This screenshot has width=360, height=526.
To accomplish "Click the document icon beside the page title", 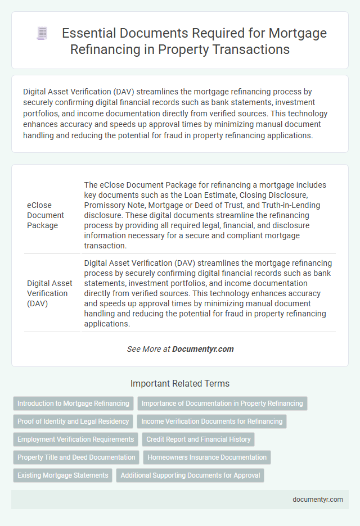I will tap(42, 34).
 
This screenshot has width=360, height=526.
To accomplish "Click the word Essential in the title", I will tap(85, 34).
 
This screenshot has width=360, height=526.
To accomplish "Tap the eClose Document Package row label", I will tap(46, 215).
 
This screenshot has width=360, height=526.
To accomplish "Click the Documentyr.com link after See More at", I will tap(202, 349).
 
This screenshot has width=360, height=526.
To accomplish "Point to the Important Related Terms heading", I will tap(180, 384).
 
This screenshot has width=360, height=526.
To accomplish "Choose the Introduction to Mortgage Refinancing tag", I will tap(73, 403).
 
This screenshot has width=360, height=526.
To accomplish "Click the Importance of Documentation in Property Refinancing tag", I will tap(222, 403).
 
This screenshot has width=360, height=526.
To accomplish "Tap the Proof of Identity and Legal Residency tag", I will tap(73, 421).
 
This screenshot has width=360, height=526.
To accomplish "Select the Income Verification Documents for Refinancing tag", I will tap(211, 421).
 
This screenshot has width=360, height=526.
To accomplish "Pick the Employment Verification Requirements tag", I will tap(75, 439).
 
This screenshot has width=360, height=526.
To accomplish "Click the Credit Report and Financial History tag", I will tap(198, 439).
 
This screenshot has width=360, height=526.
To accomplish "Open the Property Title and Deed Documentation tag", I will tap(76, 457).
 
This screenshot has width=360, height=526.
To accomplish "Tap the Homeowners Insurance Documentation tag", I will tap(207, 457).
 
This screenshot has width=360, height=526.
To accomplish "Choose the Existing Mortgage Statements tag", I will tap(62, 475).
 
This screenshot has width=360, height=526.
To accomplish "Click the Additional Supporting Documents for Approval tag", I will tap(190, 475).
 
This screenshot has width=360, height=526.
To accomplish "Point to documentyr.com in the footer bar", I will tap(318, 500).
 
